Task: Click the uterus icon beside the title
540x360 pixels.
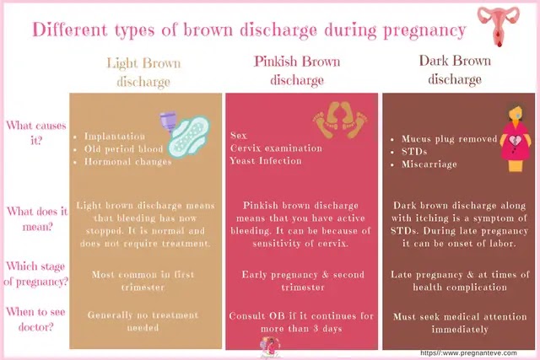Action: pyautogui.click(x=498, y=25)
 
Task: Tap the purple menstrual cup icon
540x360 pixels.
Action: pyautogui.click(x=168, y=122)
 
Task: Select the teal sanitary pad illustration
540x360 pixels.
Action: pyautogui.click(x=189, y=137)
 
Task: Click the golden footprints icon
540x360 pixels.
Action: pyautogui.click(x=339, y=120)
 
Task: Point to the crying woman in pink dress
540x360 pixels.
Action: pyautogui.click(x=516, y=138)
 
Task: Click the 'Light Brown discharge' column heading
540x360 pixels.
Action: pyautogui.click(x=143, y=73)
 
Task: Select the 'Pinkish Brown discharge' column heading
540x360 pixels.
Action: pyautogui.click(x=297, y=71)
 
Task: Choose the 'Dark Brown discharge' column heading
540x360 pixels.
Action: pyautogui.click(x=455, y=70)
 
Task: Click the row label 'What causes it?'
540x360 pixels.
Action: pyautogui.click(x=36, y=132)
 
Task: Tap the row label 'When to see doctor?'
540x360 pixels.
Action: pyautogui.click(x=35, y=320)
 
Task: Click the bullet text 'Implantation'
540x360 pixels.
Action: pyautogui.click(x=115, y=137)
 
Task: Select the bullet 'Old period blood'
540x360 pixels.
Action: pyautogui.click(x=124, y=149)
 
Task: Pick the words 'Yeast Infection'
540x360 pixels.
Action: pyautogui.click(x=266, y=161)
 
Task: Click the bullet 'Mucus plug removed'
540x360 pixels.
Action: pyautogui.click(x=450, y=139)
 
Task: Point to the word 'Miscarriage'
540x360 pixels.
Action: pyautogui.click(x=429, y=164)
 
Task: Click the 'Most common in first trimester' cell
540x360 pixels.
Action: pyautogui.click(x=143, y=281)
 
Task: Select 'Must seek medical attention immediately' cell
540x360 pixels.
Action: pyautogui.click(x=460, y=323)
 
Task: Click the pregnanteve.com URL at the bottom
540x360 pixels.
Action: pyautogui.click(x=469, y=353)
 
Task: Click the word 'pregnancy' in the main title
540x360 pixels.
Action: pyautogui.click(x=425, y=31)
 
